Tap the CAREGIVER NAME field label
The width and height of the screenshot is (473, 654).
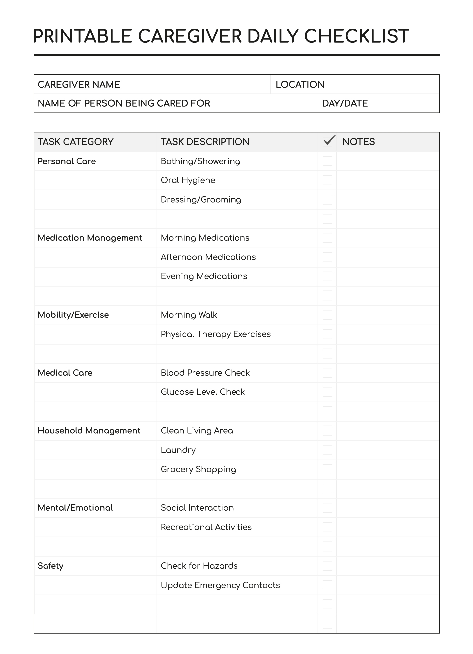tap(79, 85)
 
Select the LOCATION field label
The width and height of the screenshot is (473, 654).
tap(300, 85)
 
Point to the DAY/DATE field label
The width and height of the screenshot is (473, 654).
tap(345, 103)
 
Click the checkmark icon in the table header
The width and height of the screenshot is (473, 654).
tap(329, 140)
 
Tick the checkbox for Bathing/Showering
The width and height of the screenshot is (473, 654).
tap(327, 161)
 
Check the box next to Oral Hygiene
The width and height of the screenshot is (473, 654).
tap(327, 180)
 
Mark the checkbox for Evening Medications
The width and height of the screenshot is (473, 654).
tap(327, 276)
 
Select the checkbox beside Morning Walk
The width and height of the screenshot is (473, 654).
tap(327, 315)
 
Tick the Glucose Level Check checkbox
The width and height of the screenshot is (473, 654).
tap(327, 392)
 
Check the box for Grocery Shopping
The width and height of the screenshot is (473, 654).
tap(327, 469)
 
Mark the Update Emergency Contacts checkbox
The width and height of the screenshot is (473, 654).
tap(327, 585)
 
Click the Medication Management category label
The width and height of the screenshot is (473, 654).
tap(90, 238)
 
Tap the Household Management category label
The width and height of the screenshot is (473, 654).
tap(89, 431)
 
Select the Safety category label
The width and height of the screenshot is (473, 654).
tap(50, 566)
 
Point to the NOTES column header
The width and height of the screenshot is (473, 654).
tap(358, 142)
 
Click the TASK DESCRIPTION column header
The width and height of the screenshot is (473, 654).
tap(205, 142)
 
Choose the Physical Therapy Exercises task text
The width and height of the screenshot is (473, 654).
tap(216, 334)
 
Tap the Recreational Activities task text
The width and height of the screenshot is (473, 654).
tap(206, 527)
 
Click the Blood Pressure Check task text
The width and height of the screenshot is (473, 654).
tap(205, 373)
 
